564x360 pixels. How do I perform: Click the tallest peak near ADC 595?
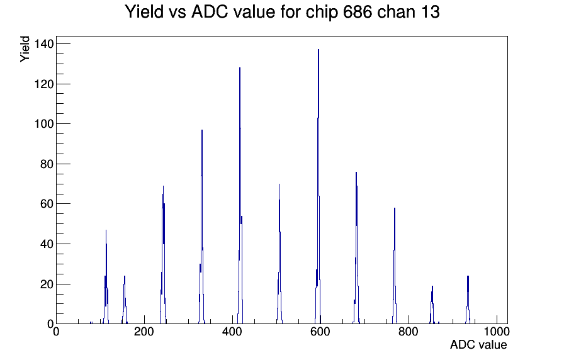click(319, 187)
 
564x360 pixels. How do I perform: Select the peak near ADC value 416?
click(240, 196)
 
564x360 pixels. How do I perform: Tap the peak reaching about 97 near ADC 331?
click(202, 227)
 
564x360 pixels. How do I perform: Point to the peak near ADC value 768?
click(395, 266)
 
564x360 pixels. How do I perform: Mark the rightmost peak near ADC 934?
click(468, 300)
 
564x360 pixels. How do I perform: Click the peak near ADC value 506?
click(279, 254)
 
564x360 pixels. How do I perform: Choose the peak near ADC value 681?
click(356, 248)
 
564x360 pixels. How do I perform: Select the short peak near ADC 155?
click(125, 300)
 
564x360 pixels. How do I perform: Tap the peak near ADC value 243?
click(163, 255)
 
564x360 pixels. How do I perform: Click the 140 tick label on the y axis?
click(44, 44)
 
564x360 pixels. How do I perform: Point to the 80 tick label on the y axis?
click(47, 164)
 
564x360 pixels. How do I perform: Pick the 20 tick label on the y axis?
click(47, 284)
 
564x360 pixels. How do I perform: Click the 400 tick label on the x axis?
click(232, 332)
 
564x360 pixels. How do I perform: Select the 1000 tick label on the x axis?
click(497, 332)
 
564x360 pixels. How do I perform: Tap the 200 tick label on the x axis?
click(144, 332)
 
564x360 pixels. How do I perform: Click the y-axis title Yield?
click(25, 49)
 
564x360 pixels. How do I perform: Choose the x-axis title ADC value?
click(478, 345)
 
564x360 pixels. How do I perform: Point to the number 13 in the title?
click(431, 12)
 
